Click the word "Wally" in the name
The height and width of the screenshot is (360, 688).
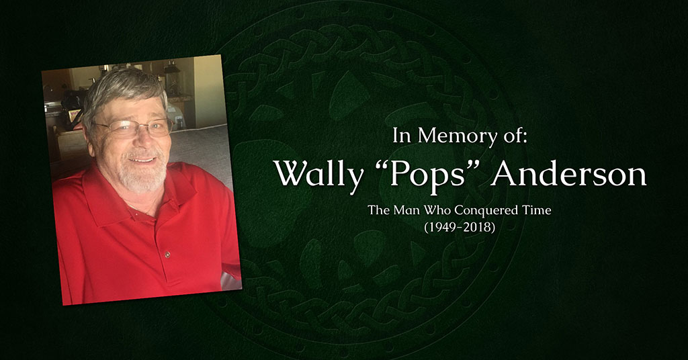[x=318, y=174]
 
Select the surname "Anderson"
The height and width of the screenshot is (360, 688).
[x=568, y=174]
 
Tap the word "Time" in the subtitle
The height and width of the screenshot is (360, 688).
[x=535, y=210]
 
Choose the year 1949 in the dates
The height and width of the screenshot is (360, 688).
[x=442, y=228]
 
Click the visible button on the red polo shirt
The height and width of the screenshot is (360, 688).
[x=167, y=255]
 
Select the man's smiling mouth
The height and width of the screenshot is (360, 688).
[x=142, y=160]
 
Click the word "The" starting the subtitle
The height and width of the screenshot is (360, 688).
[x=379, y=210]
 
